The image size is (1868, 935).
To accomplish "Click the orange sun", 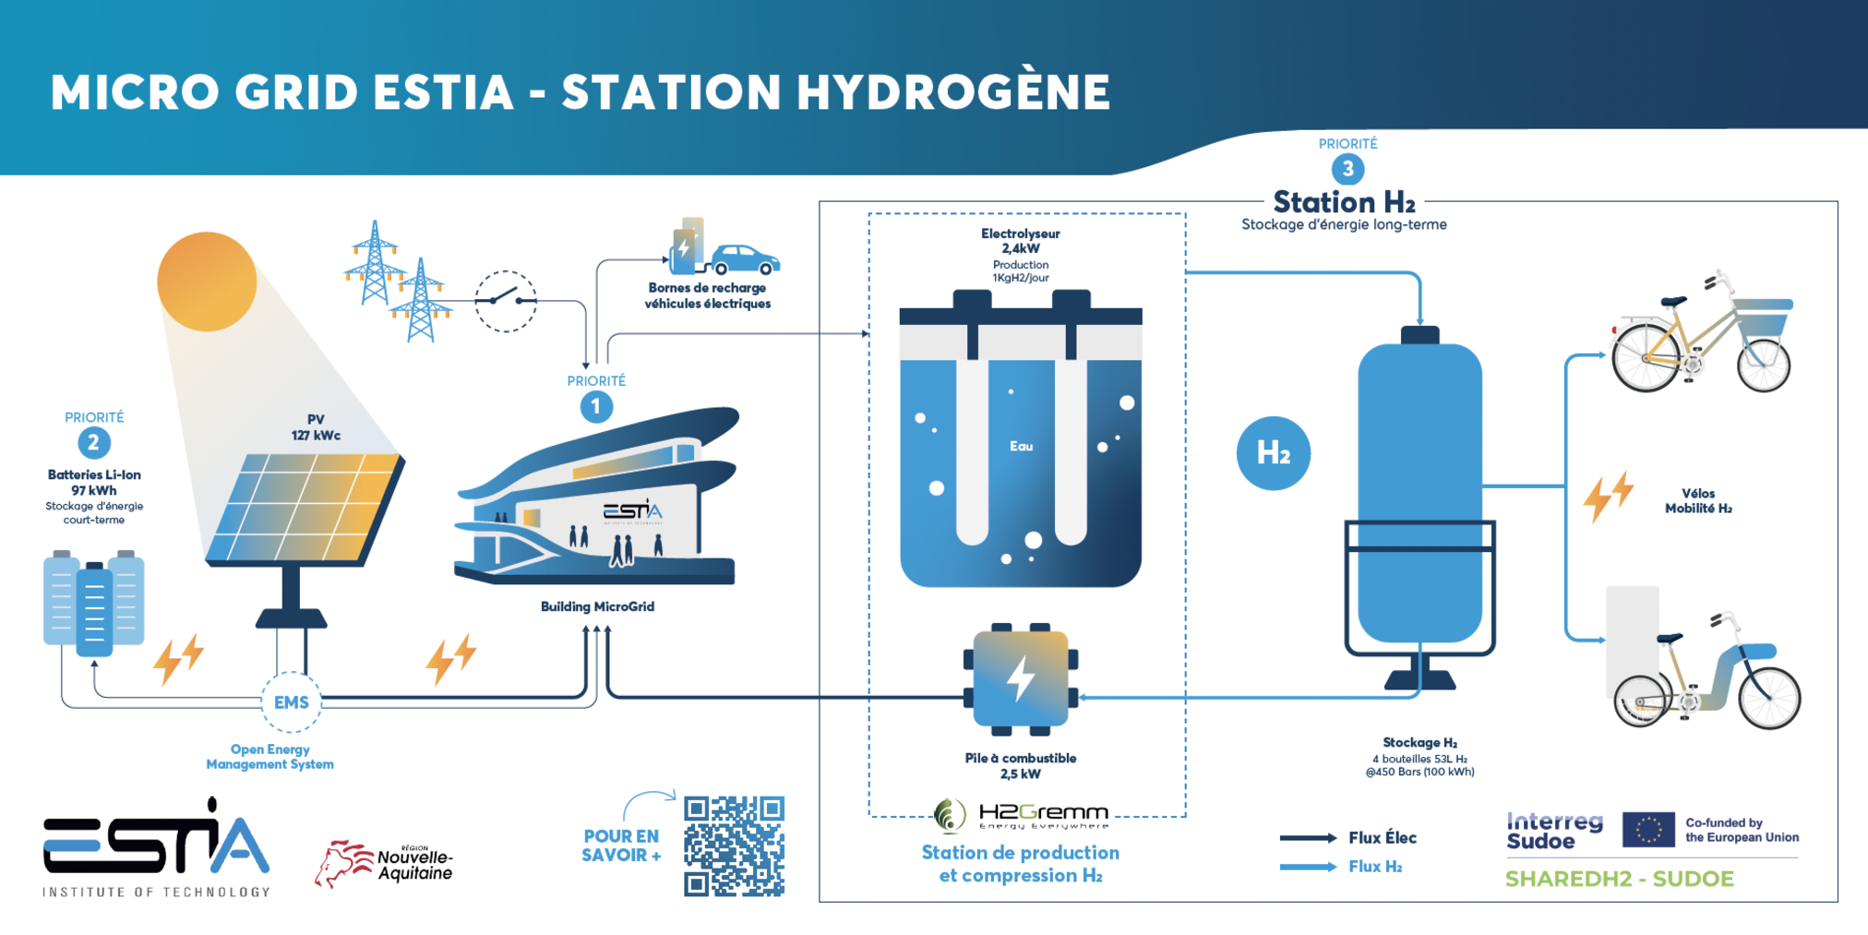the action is tap(207, 282).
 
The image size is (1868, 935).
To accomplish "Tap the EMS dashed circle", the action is tap(291, 702).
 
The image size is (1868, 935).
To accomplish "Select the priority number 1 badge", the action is tap(596, 406).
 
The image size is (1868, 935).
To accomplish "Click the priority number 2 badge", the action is tap(93, 443).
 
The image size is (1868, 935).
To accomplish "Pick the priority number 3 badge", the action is tap(1347, 169).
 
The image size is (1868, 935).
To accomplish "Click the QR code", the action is tap(734, 845).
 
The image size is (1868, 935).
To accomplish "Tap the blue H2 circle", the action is tap(1273, 453).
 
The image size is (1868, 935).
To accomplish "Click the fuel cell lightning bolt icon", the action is tap(1021, 679).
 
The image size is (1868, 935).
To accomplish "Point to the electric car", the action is tap(746, 259).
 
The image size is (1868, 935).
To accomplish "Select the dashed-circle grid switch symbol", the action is tap(506, 301).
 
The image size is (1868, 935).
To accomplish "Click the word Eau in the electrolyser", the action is tap(1021, 447).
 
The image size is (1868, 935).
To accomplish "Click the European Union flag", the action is tap(1648, 830).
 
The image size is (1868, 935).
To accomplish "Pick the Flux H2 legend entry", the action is tap(1341, 867).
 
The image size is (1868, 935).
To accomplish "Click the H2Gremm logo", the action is tap(1021, 814).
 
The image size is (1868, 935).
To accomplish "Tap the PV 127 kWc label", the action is tap(316, 427).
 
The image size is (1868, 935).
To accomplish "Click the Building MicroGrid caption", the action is tap(597, 606).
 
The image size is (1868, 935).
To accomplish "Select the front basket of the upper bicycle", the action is tap(1764, 319).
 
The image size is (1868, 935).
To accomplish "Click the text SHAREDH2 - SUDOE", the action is tap(1620, 879).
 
